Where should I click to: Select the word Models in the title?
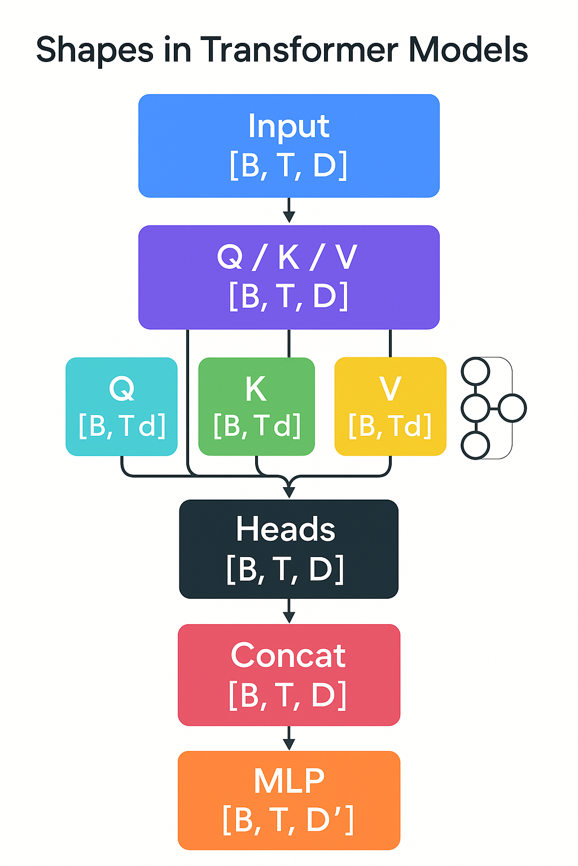tap(468, 50)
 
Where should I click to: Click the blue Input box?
tap(288, 145)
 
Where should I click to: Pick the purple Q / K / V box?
tap(288, 277)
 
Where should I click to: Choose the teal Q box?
tap(121, 406)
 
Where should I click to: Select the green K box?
tap(256, 406)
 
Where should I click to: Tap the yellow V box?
tap(390, 406)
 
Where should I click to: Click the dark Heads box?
tap(288, 549)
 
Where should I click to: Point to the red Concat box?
tap(288, 674)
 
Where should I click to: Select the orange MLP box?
tap(288, 799)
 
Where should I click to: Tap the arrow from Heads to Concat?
tap(289, 611)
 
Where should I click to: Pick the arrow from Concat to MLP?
tap(289, 738)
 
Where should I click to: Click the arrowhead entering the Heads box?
tap(289, 491)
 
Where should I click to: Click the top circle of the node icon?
tap(475, 372)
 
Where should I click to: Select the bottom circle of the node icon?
tap(475, 445)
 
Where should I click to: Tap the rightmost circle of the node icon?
tap(512, 408)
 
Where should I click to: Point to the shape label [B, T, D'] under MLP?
tap(288, 819)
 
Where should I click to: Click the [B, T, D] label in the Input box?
tap(288, 165)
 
